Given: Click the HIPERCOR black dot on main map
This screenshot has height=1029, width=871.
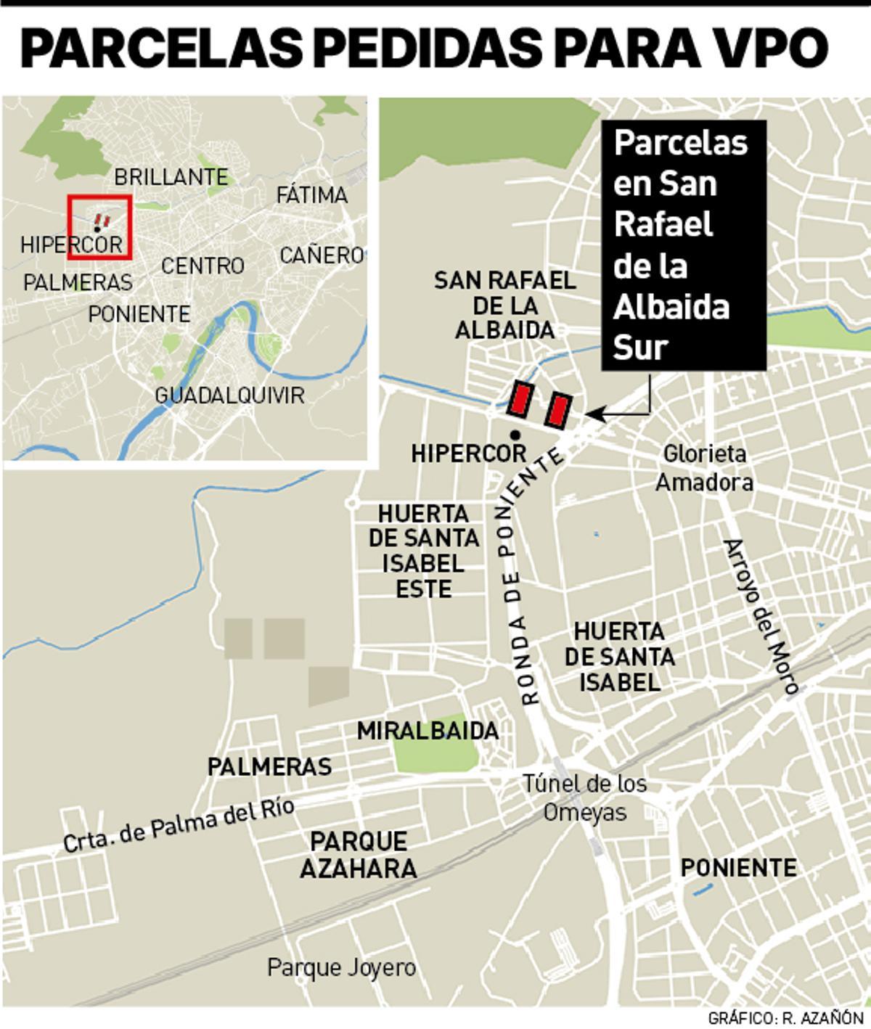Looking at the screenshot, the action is pyautogui.click(x=515, y=435).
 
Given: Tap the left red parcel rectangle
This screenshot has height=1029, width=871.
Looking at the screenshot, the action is pyautogui.click(x=520, y=399).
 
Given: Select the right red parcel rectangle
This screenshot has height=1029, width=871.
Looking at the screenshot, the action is pyautogui.click(x=558, y=409).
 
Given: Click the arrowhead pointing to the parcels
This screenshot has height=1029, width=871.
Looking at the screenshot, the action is pyautogui.click(x=592, y=414).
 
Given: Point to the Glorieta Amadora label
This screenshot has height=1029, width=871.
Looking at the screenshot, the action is pyautogui.click(x=704, y=468).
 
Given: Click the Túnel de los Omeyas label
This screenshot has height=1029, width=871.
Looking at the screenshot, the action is pyautogui.click(x=585, y=798).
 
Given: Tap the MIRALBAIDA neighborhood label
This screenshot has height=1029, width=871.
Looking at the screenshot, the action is pyautogui.click(x=428, y=731).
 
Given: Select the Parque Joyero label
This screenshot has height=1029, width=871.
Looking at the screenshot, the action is pyautogui.click(x=341, y=967).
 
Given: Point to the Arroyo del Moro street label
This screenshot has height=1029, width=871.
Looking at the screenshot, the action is pyautogui.click(x=761, y=616).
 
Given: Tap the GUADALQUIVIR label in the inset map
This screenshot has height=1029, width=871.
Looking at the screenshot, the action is pyautogui.click(x=229, y=395).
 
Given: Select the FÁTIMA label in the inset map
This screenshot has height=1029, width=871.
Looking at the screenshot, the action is pyautogui.click(x=312, y=195).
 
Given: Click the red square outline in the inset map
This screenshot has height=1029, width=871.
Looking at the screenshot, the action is pyautogui.click(x=99, y=226).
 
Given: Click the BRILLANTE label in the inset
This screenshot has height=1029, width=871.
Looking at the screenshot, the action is pyautogui.click(x=171, y=177).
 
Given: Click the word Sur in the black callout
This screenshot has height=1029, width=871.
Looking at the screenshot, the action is pyautogui.click(x=640, y=348).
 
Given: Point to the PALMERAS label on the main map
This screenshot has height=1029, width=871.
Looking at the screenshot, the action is pyautogui.click(x=269, y=766).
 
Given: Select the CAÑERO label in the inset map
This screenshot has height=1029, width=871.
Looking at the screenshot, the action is pyautogui.click(x=321, y=255).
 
